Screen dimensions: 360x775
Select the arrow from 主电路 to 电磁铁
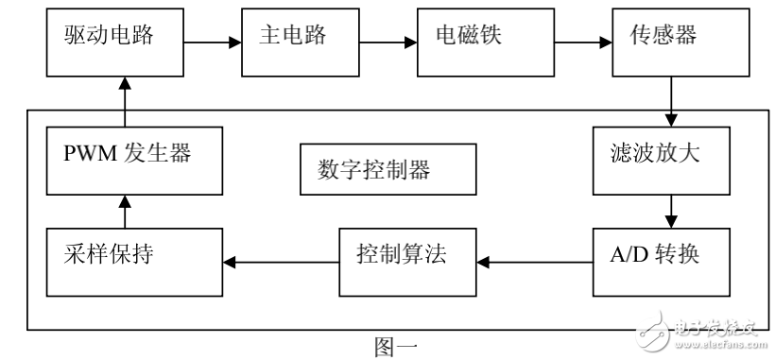391,43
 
